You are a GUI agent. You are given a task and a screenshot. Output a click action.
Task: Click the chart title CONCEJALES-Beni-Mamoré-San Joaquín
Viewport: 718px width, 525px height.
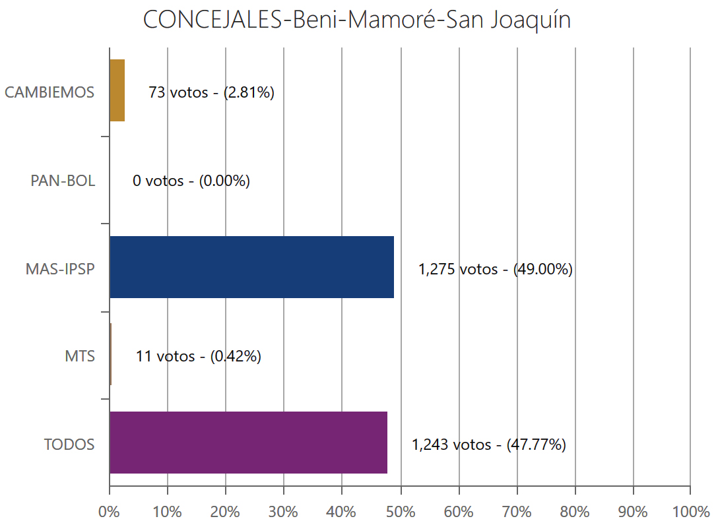[x=357, y=20]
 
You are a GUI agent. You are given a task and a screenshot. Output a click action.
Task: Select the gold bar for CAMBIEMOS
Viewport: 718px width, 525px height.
[x=117, y=90]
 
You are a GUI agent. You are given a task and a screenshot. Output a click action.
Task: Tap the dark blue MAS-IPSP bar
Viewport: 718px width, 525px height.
[x=251, y=267]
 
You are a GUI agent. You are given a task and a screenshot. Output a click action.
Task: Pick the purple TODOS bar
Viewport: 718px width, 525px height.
[x=248, y=443]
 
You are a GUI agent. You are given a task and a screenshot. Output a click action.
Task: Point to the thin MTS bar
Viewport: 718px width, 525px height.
[x=110, y=354]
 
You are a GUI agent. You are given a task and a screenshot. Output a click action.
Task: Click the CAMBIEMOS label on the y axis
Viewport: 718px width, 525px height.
[x=49, y=92]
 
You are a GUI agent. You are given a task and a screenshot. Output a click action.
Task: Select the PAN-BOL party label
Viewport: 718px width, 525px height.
[x=63, y=181]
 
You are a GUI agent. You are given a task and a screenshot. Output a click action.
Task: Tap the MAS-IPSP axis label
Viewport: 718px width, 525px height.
[x=60, y=268]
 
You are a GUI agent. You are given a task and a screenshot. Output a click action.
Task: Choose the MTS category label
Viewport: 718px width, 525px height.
[x=80, y=357]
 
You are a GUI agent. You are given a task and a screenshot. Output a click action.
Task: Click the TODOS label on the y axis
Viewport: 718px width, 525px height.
[x=69, y=445]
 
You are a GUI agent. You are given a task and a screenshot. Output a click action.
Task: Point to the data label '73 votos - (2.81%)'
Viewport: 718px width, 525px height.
[x=211, y=92]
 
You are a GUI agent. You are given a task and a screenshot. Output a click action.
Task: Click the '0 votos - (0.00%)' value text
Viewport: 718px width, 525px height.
[x=191, y=181]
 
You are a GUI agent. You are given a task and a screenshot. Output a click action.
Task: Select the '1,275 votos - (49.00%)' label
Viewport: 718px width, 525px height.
[x=495, y=269]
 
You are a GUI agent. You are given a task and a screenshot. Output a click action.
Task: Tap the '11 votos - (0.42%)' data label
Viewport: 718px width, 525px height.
[x=199, y=357]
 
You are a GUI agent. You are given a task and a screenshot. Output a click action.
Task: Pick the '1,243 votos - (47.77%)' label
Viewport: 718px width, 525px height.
[x=488, y=445]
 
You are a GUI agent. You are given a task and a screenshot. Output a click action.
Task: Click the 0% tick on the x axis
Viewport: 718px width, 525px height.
[x=109, y=511]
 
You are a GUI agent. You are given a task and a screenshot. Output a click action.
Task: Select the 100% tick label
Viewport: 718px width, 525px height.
[x=690, y=511]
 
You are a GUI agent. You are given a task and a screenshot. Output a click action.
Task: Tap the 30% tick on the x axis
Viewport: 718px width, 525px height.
[x=284, y=511]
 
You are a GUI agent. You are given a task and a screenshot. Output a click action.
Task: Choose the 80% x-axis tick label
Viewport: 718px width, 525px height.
[x=575, y=511]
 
